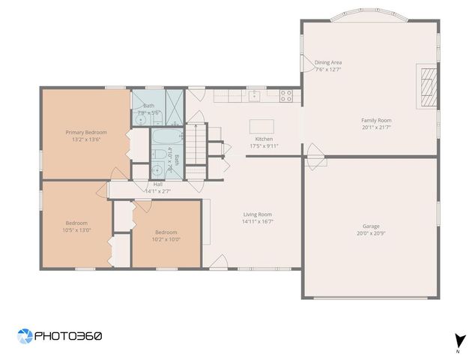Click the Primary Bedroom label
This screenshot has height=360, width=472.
point(86,132)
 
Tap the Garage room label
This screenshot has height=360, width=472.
point(372,226)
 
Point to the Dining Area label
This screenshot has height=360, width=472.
point(328,62)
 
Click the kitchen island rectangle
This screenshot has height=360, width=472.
point(261,125)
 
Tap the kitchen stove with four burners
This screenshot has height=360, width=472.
point(286,95)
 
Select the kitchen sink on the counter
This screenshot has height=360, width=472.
point(255,95)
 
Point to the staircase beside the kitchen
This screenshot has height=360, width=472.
point(196,143)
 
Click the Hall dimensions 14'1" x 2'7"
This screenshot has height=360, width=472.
point(158,191)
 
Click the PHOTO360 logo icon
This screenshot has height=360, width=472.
point(25,336)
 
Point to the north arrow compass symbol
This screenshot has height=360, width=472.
point(457,340)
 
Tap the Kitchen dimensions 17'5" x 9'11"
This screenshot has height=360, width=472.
point(264,146)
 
